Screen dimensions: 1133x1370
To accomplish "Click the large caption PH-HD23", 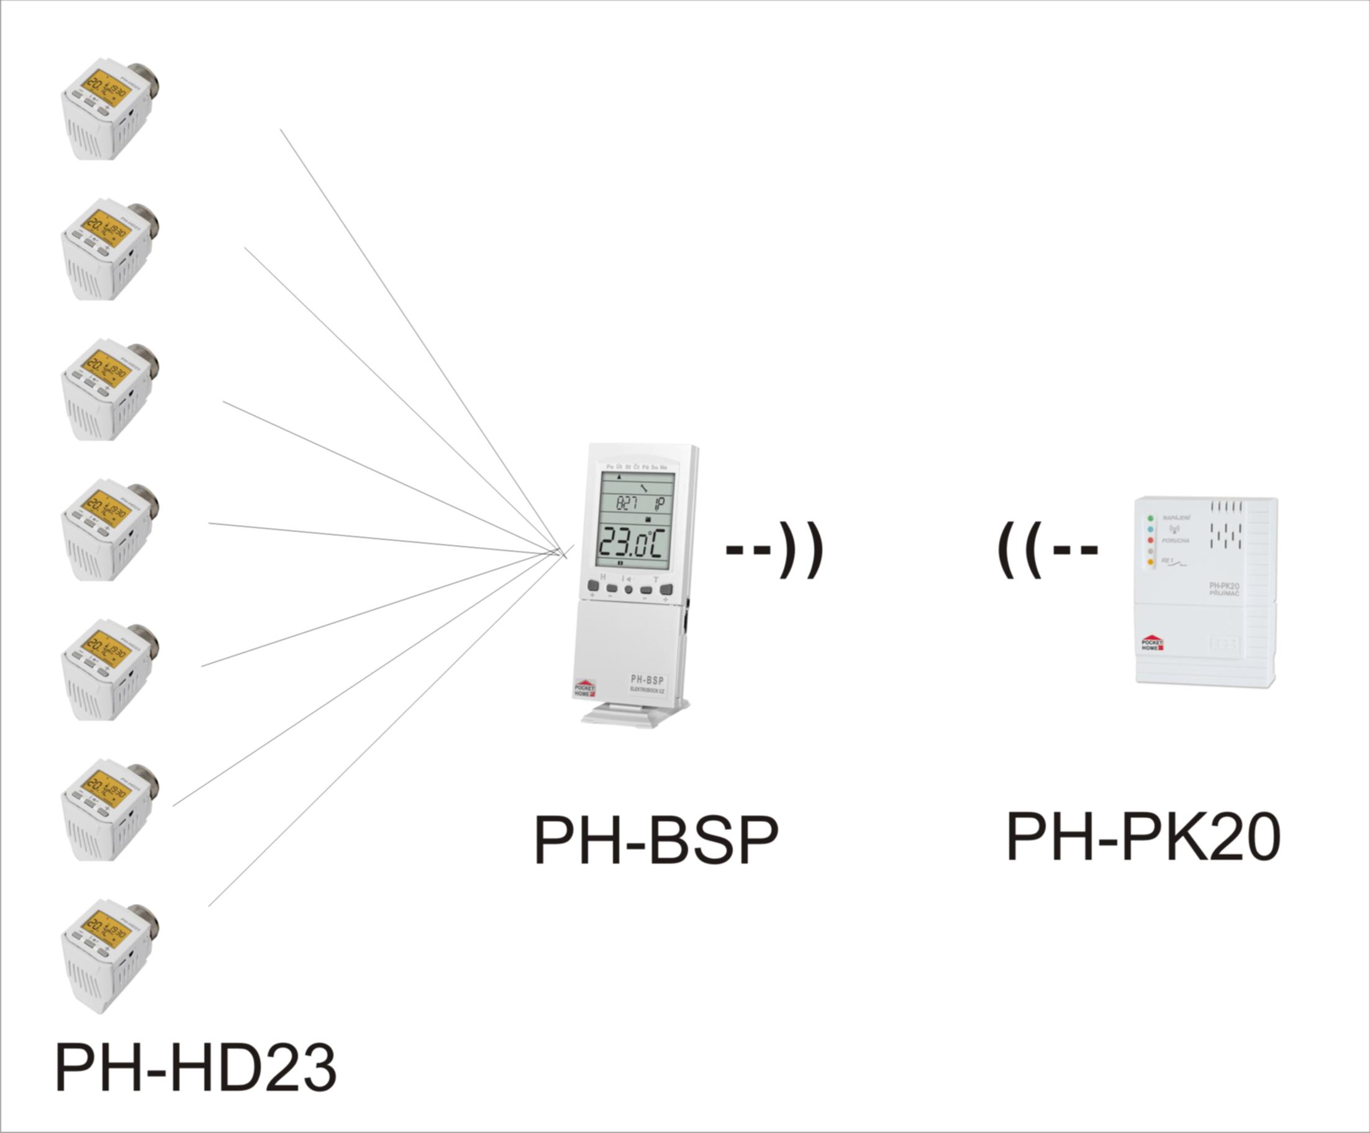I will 196,1067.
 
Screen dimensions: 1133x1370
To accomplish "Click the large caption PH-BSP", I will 656,839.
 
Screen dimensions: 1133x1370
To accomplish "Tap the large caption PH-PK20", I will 1143,836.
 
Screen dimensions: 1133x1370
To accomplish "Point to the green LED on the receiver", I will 1150,518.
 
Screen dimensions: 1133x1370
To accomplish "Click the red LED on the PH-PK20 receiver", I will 1150,540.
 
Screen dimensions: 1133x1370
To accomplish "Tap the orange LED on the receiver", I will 1150,562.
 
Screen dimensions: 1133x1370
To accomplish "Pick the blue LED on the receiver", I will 1150,529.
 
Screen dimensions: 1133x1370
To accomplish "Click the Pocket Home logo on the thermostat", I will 584,688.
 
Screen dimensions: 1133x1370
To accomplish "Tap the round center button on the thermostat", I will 629,590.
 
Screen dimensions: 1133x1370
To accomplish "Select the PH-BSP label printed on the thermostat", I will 646,680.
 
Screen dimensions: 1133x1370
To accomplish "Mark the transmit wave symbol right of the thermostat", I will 775,550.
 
